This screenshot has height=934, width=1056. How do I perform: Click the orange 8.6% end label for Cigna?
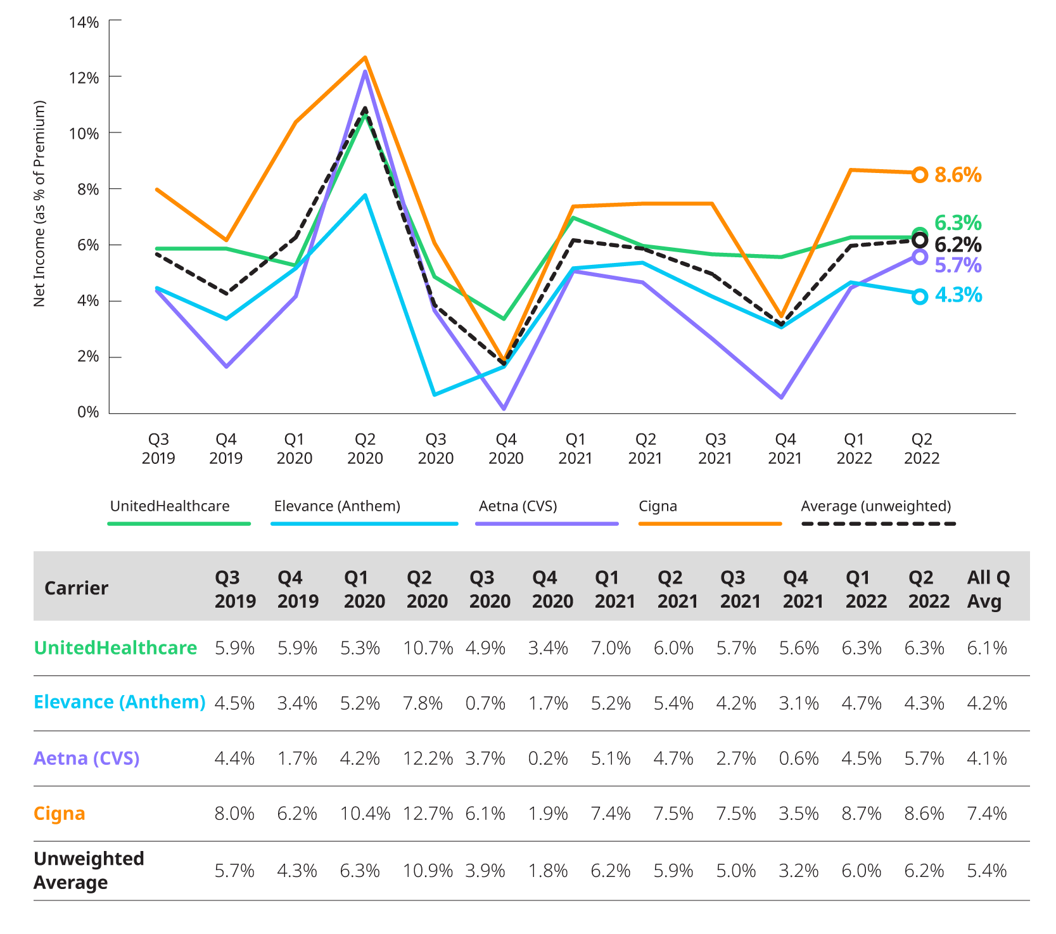958,175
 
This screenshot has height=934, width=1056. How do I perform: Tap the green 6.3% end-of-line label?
958,223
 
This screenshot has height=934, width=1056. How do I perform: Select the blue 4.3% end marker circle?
920,297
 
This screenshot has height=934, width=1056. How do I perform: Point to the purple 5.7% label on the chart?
958,265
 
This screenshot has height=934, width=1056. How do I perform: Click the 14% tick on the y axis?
84,23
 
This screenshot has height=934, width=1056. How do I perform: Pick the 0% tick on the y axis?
88,412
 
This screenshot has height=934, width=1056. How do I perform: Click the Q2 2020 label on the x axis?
365,449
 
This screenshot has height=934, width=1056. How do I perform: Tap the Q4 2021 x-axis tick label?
785,449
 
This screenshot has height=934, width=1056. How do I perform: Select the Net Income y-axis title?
40,204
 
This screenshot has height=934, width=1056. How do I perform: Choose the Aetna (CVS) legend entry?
518,507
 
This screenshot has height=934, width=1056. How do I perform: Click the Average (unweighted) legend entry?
875,507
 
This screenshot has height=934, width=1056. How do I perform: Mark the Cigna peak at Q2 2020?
365,58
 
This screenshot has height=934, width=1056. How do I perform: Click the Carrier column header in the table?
76,588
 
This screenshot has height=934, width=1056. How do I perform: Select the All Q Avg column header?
988,589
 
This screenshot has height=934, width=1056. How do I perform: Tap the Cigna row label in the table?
60,814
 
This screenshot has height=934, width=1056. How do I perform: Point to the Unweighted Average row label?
89,871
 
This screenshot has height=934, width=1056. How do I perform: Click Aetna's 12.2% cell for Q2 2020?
428,758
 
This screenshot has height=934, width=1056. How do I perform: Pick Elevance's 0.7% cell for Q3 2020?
485,703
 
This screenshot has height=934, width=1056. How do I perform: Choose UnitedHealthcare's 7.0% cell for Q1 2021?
611,648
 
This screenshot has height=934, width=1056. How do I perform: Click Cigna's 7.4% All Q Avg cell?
986,814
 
